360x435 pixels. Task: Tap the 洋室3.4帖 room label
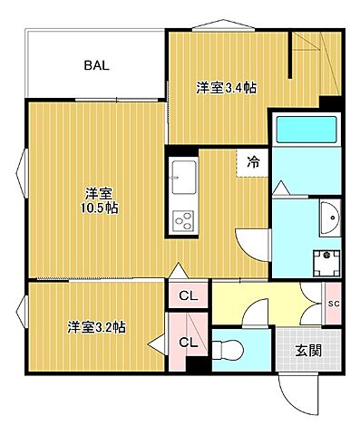coord(226,88)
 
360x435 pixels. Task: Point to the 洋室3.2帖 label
coord(94,327)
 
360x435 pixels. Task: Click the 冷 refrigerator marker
coord(253,162)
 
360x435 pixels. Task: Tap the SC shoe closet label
coord(333,303)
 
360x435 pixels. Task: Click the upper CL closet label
coord(187,295)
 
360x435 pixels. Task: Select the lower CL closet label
coord(187,342)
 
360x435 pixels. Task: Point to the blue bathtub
coord(306,130)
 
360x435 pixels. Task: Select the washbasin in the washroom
coord(328,217)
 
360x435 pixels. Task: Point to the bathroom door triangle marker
coord(280,188)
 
